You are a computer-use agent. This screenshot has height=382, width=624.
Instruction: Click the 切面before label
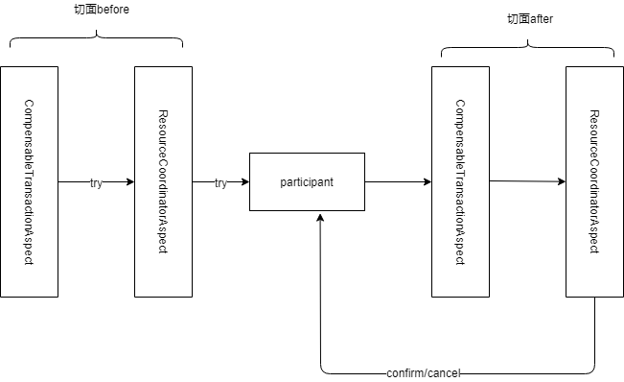tap(101, 10)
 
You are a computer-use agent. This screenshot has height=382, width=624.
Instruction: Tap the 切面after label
tap(529, 19)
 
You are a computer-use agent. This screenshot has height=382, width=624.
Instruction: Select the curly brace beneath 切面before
tap(96, 39)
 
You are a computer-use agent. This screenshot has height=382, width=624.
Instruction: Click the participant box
tap(307, 181)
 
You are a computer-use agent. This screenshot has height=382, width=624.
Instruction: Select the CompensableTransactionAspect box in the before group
tap(29, 181)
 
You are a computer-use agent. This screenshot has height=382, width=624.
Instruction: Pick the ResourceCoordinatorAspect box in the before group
tap(163, 181)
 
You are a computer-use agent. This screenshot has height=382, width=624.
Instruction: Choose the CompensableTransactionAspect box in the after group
tap(460, 181)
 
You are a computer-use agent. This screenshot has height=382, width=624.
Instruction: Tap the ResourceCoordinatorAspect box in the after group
tap(594, 181)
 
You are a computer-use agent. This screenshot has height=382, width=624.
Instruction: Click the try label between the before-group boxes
tap(96, 182)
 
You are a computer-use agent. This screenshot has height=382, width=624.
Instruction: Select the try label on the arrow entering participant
tap(220, 182)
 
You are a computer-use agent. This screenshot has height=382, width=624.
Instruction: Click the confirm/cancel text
tap(423, 372)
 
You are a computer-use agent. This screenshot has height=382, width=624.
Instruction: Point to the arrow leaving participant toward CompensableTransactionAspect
tap(398, 181)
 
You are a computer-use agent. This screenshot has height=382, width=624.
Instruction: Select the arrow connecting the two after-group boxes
tap(527, 181)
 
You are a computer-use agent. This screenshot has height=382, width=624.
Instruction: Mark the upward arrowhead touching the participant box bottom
tap(320, 217)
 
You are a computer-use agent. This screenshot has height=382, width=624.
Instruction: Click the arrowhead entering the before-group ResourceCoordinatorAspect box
tap(129, 181)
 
